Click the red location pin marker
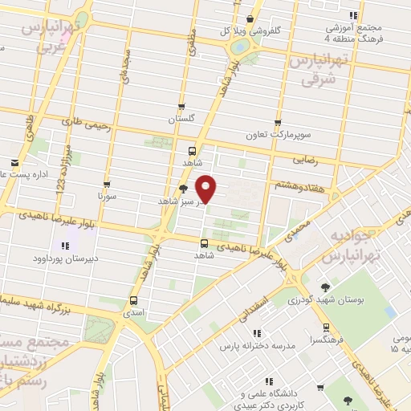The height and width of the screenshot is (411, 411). (x=207, y=189)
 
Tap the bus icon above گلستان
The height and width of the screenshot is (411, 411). (x=181, y=107)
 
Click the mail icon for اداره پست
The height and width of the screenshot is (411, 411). (x=5, y=162)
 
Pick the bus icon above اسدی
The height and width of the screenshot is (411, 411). (x=133, y=302)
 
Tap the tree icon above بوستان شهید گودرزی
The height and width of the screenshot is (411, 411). (x=325, y=287)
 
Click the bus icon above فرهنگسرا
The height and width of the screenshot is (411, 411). (x=325, y=328)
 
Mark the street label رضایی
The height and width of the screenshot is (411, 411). (x=305, y=160)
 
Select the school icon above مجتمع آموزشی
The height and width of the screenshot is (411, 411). (x=353, y=15)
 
